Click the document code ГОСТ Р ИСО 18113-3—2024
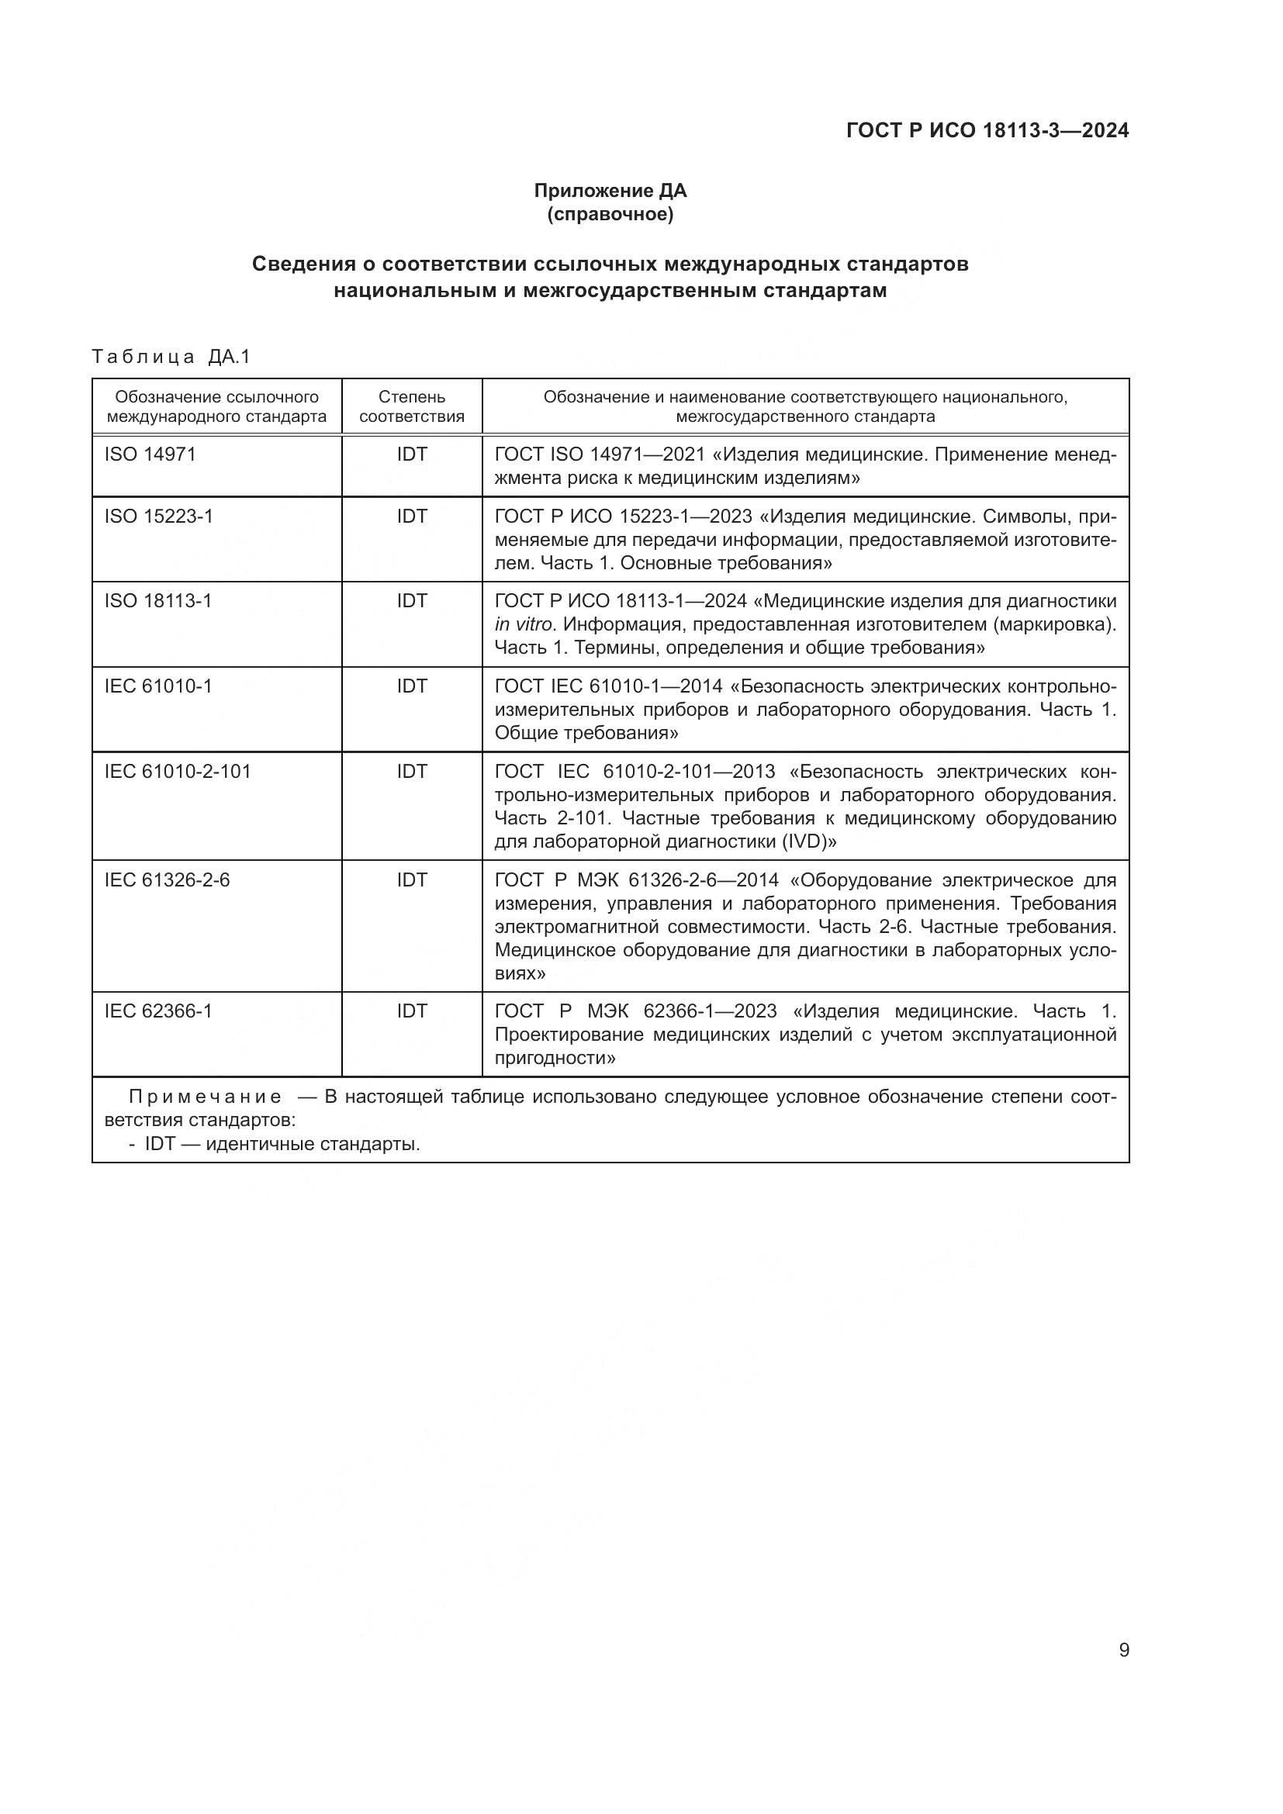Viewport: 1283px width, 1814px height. point(987,130)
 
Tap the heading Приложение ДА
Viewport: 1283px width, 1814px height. point(610,191)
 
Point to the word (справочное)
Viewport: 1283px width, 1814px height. point(610,214)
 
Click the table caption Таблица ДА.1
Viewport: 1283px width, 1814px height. point(171,357)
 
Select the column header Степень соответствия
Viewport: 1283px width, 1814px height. point(412,406)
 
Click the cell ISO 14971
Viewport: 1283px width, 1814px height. point(150,454)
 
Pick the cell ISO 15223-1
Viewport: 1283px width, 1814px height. point(159,516)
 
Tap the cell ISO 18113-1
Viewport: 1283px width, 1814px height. point(158,601)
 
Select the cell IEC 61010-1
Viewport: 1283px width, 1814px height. point(158,686)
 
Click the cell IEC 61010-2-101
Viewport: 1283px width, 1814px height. point(178,771)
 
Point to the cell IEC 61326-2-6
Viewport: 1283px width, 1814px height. point(167,879)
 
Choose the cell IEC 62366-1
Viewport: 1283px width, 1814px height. point(158,1011)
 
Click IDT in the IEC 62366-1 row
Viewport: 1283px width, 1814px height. point(412,1011)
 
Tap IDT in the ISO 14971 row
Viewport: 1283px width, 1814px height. point(412,454)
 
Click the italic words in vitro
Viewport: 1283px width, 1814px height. point(524,625)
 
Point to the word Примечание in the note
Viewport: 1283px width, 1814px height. point(205,1097)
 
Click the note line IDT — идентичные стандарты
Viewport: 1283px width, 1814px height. point(282,1143)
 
